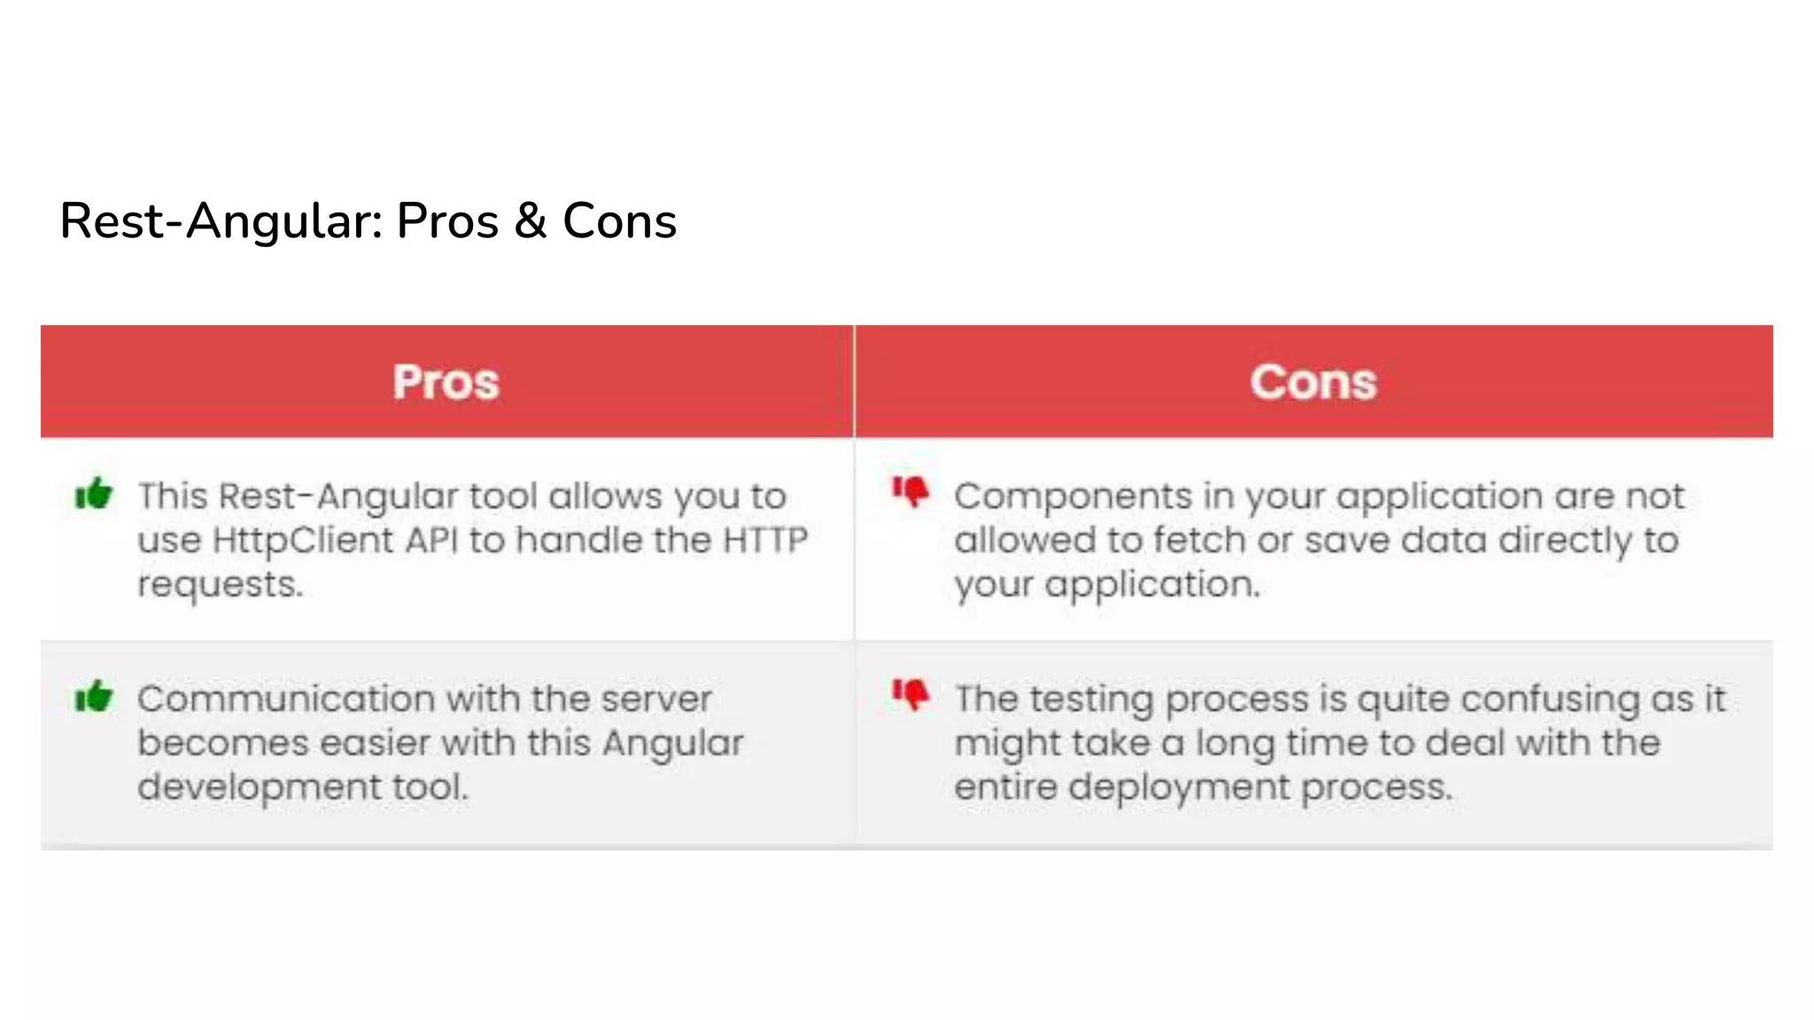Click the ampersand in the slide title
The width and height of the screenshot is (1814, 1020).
[530, 220]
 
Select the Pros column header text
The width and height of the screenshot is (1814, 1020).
[446, 382]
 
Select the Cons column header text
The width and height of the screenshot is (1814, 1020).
[1314, 382]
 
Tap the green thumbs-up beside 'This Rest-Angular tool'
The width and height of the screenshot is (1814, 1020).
[94, 493]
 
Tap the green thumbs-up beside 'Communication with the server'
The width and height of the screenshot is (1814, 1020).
[94, 696]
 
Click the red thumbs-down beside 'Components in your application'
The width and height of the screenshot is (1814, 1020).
[911, 491]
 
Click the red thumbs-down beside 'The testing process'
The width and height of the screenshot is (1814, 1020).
[911, 694]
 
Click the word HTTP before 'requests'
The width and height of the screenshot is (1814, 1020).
[765, 540]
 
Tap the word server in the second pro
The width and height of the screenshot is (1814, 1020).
[655, 699]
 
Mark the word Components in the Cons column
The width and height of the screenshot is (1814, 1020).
[1073, 497]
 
